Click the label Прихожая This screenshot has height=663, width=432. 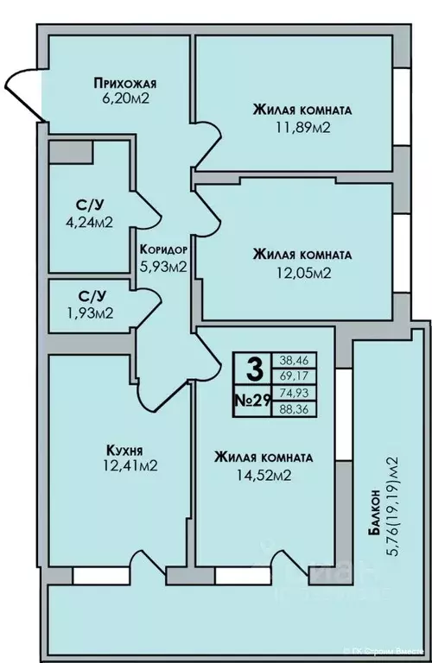pyautogui.click(x=124, y=84)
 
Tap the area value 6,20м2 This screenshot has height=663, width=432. pyautogui.click(x=124, y=100)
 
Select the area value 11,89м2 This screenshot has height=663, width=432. pyautogui.click(x=302, y=127)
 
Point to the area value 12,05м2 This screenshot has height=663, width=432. pyautogui.click(x=302, y=272)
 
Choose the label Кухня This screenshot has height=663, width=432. pyautogui.click(x=125, y=451)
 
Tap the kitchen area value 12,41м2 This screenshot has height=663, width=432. pyautogui.click(x=125, y=467)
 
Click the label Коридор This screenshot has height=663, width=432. pyautogui.click(x=163, y=249)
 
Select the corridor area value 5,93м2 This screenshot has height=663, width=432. pyautogui.click(x=163, y=266)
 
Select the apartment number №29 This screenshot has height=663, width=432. pyautogui.click(x=254, y=401)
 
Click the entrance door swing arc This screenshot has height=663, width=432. pyautogui.click(x=21, y=93)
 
